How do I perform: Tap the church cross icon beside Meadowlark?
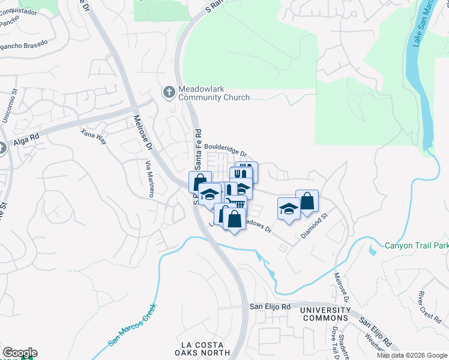[169, 91]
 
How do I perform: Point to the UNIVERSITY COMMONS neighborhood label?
[324, 314]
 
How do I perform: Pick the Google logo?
[20, 353]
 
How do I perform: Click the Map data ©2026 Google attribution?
[412, 355]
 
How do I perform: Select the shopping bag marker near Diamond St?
[307, 202]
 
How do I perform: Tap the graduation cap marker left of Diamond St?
[289, 209]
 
